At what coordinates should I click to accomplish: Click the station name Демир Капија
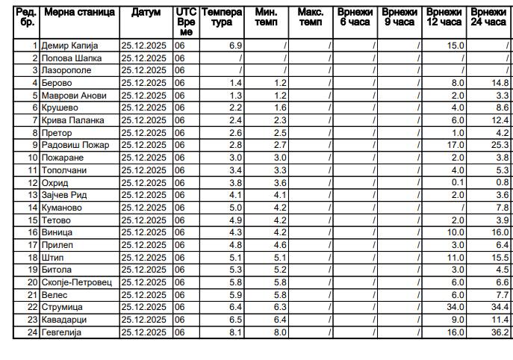click(69, 46)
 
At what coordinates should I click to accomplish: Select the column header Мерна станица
click(79, 13)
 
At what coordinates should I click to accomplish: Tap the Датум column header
click(146, 13)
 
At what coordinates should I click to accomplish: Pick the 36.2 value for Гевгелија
click(500, 332)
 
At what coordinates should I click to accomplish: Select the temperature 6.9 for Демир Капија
click(235, 46)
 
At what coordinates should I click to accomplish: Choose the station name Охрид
click(56, 182)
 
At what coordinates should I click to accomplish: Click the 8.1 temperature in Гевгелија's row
click(235, 332)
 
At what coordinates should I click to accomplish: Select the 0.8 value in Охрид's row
click(502, 182)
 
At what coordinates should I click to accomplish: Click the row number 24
click(32, 332)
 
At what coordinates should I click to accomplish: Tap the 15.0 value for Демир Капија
click(456, 46)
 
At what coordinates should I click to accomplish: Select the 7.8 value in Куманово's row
click(502, 208)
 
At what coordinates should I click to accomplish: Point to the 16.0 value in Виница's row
click(500, 232)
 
